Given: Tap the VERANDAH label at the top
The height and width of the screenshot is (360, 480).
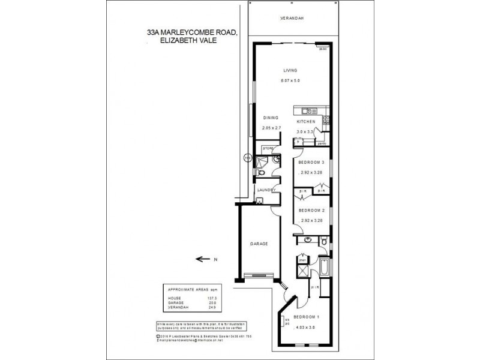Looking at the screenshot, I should [292, 19].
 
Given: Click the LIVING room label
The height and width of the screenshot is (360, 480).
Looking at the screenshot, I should [290, 70].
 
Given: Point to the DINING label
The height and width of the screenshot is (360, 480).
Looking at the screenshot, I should [271, 118].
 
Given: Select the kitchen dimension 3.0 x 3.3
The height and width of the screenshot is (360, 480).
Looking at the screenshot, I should [305, 131].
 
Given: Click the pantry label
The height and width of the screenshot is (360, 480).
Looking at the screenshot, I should [321, 143].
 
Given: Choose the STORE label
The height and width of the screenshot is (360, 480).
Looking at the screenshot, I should [268, 146].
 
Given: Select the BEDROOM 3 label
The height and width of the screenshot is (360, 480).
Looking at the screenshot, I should [311, 162].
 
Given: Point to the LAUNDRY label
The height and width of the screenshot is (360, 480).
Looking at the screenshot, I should [266, 190].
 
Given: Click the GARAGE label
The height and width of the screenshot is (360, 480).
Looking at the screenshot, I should [259, 244].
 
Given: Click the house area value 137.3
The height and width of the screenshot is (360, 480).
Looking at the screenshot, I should [212, 298].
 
